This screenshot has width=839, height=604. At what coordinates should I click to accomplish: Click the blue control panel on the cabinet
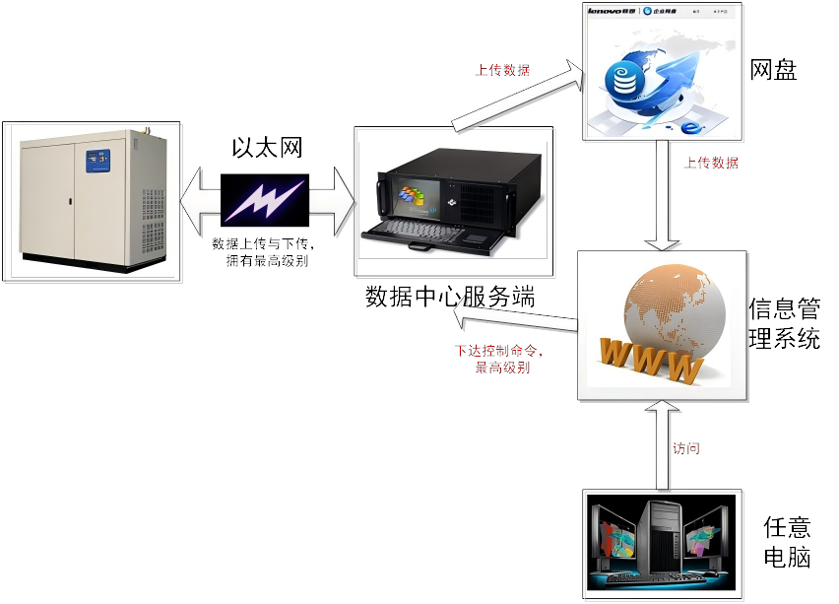(x=98, y=160)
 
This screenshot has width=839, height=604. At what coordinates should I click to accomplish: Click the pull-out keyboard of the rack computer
(x=433, y=233)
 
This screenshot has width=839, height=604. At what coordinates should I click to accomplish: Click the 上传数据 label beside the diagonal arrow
(x=503, y=70)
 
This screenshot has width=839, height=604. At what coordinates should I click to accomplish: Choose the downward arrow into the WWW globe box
(x=662, y=196)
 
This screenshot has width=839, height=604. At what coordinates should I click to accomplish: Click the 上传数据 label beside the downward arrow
(x=711, y=164)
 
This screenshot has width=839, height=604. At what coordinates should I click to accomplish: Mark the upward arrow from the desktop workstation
(x=663, y=443)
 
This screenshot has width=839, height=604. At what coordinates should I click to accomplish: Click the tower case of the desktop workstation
(x=660, y=536)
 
